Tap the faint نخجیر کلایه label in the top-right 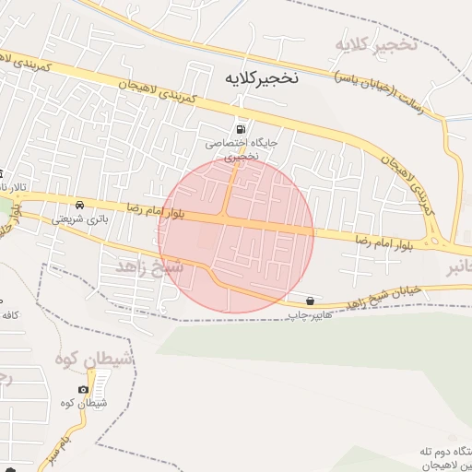pos(376,43)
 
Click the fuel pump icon pos(241,130)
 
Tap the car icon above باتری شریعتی pos(80,204)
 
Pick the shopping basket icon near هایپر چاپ pos(309,301)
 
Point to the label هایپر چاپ pos(309,315)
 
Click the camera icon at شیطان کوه pos(84,389)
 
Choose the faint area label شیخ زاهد pos(149,265)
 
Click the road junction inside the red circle pos(226,216)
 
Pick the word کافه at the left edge pos(11,315)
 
